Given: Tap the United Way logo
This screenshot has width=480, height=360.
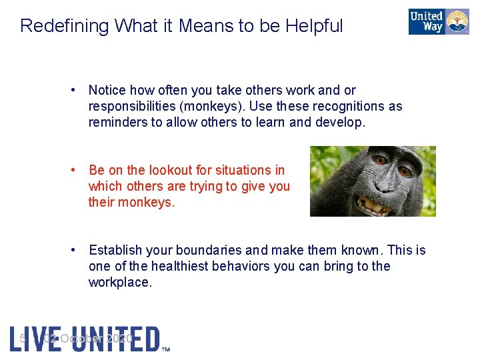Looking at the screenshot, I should click(439, 21).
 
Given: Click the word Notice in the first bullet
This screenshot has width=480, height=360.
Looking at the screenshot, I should click(107, 90).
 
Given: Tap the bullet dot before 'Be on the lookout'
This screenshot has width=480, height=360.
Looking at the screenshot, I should click(77, 170).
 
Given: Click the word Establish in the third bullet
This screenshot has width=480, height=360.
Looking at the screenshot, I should click(114, 250).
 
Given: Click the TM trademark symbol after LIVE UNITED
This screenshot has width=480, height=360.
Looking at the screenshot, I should click(166, 348).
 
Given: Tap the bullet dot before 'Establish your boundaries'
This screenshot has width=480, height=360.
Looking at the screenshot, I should click(77, 250).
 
